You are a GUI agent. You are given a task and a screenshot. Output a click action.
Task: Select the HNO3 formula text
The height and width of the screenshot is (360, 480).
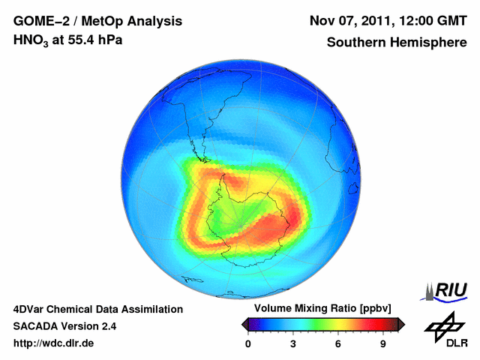pyautogui.click(x=29, y=40)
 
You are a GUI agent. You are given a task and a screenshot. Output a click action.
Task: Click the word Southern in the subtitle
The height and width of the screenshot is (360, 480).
pyautogui.click(x=356, y=42)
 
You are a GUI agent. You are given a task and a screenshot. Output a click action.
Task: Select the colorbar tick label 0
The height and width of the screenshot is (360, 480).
pyautogui.click(x=249, y=343)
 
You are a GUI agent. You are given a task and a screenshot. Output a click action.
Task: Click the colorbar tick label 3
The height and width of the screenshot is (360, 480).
pyautogui.click(x=293, y=343)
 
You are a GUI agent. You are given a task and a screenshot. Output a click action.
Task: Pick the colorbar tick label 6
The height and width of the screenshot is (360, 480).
pyautogui.click(x=338, y=343)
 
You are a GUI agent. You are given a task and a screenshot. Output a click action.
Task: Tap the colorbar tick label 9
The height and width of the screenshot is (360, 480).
pyautogui.click(x=382, y=343)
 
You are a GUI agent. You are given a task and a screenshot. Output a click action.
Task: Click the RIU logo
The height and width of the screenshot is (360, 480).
pyautogui.click(x=445, y=290)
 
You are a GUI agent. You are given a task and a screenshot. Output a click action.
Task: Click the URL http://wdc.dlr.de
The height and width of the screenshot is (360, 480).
pyautogui.click(x=54, y=343)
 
